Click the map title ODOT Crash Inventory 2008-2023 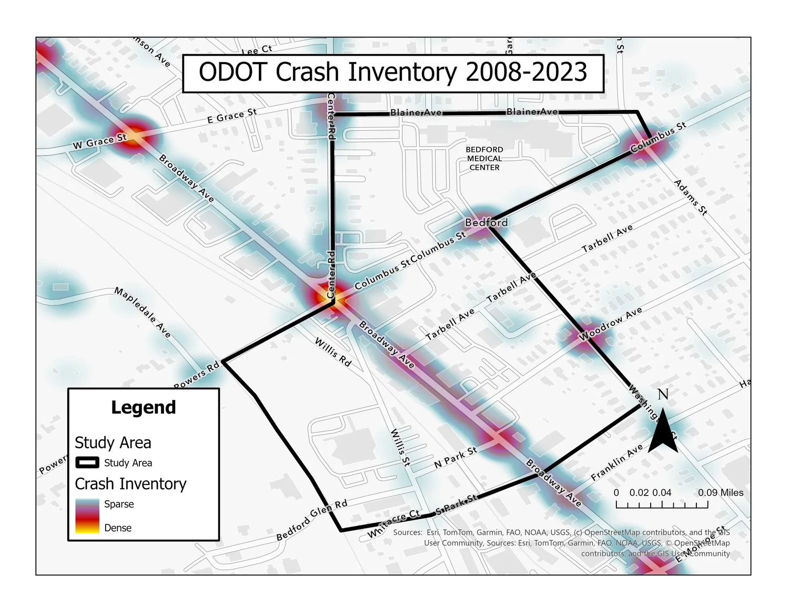click(x=393, y=73)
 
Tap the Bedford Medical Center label click(x=484, y=159)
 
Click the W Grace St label click(x=100, y=141)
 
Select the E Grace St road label click(x=232, y=116)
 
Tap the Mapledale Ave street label click(x=143, y=313)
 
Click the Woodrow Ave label click(x=611, y=324)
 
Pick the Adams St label click(x=691, y=198)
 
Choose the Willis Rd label click(x=333, y=352)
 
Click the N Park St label click(x=456, y=458)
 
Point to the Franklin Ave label click(x=617, y=463)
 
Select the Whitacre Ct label click(x=394, y=524)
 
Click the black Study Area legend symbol click(x=87, y=463)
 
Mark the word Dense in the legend click(x=118, y=528)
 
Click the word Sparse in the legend click(x=119, y=504)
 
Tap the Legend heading click(x=143, y=408)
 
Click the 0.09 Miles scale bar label click(x=721, y=493)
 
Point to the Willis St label click(x=400, y=448)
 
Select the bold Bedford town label click(x=487, y=223)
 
